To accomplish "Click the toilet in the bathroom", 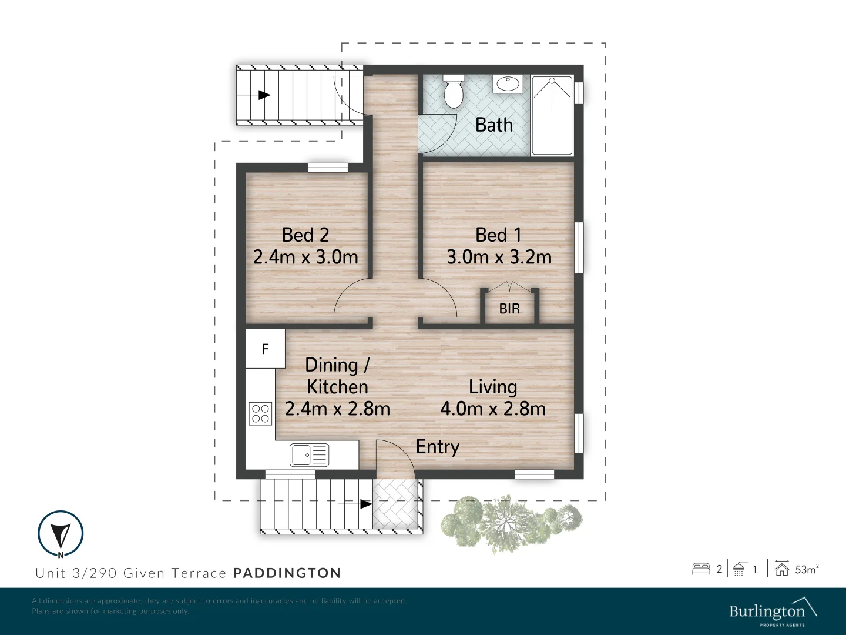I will click(x=453, y=91).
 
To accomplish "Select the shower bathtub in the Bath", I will click(x=552, y=116).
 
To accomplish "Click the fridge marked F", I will click(x=265, y=349).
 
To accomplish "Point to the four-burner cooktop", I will click(x=260, y=413).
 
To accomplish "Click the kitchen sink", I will click(x=309, y=455).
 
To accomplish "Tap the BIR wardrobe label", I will click(x=509, y=308).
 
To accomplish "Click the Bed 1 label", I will click(x=498, y=235).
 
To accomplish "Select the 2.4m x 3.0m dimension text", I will click(x=305, y=257).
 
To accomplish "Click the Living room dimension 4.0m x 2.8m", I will click(x=493, y=408).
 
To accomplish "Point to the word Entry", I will click(x=437, y=447).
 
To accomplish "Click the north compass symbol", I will click(x=61, y=534).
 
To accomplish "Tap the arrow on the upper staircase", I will click(x=262, y=95).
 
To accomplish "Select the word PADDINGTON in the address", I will click(x=287, y=573).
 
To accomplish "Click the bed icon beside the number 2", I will click(x=701, y=569).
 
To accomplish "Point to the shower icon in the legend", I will click(x=738, y=569).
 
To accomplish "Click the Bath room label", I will click(x=493, y=125).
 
